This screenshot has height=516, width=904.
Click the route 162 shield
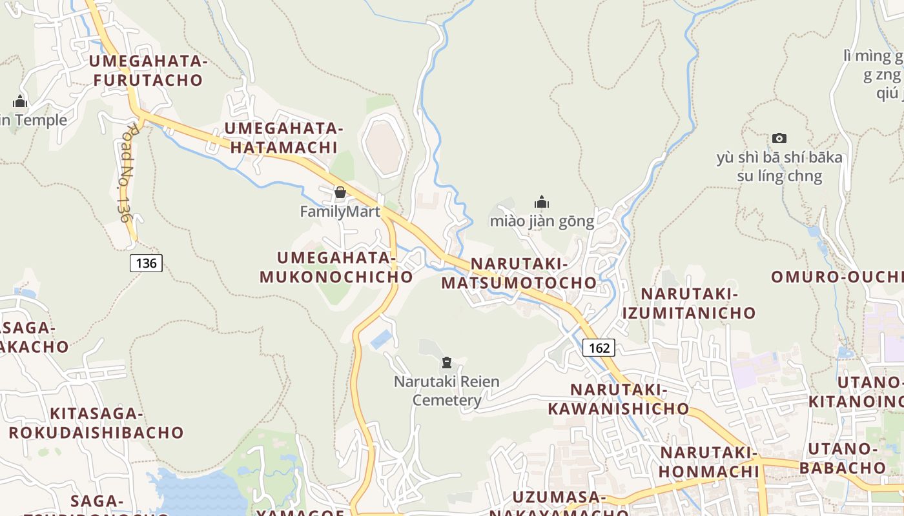[599, 348]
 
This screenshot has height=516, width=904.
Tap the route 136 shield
[146, 263]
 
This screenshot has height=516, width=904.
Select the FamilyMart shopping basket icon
[340, 192]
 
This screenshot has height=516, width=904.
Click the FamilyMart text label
[340, 211]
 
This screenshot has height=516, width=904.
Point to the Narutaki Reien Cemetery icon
[446, 362]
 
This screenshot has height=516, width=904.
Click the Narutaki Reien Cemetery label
[447, 391]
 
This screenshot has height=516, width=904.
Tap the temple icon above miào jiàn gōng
[542, 203]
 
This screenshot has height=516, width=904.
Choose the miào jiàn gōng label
[542, 221]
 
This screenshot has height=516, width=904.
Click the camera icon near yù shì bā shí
[779, 138]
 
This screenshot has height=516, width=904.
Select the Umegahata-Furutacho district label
[149, 71]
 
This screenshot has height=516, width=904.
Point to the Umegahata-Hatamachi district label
[283, 137]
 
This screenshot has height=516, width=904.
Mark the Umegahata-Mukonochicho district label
[336, 267]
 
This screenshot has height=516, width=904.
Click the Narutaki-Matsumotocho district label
[519, 273]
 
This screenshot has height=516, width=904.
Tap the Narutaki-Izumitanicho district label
[689, 303]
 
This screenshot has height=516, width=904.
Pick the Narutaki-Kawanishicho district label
[619, 399]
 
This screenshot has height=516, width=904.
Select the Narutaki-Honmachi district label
[708, 462]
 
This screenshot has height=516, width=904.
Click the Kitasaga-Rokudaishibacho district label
[96, 422]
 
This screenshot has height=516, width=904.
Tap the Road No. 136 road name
[125, 173]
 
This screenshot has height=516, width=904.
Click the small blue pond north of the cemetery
[381, 339]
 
